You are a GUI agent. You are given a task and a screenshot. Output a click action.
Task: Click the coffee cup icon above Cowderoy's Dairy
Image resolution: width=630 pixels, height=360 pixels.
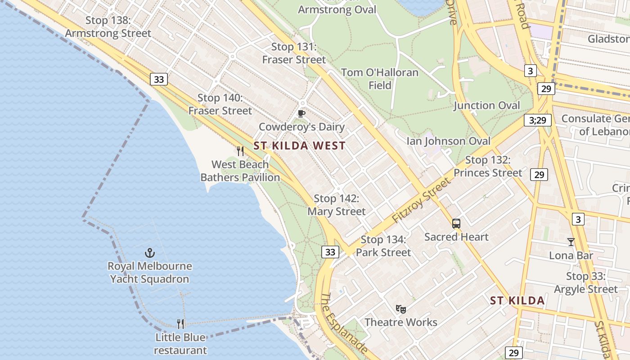click(301, 113)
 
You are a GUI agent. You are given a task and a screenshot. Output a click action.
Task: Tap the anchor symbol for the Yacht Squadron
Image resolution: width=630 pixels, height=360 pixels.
click(150, 253)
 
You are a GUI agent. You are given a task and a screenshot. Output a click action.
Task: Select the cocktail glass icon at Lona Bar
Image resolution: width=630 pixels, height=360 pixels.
click(571, 242)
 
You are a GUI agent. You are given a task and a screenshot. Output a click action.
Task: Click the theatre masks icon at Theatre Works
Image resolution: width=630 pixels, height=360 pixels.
click(401, 309)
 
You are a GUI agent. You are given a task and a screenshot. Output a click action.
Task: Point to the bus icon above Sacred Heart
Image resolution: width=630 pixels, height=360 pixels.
click(456, 223)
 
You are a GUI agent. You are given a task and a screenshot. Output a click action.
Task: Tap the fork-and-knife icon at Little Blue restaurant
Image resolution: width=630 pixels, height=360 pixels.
click(180, 324)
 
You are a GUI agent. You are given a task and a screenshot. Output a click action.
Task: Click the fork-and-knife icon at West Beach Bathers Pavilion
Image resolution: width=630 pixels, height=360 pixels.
click(240, 151)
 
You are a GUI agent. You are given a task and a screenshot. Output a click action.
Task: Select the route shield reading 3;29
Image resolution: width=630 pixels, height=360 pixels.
click(538, 120)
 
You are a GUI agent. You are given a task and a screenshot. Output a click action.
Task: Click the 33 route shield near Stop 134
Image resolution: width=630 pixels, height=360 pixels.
click(330, 252)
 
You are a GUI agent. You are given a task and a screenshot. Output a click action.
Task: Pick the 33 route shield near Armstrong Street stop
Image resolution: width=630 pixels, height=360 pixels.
click(159, 80)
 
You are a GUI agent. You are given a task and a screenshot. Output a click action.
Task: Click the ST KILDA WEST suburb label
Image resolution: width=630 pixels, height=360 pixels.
click(299, 146)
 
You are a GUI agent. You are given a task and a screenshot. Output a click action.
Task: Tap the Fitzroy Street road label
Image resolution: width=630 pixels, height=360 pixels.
click(421, 200)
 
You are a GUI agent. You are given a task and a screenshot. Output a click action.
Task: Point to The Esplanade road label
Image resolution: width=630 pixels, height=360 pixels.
click(344, 322)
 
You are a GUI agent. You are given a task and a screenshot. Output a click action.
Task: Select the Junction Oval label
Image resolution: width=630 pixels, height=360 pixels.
click(486, 106)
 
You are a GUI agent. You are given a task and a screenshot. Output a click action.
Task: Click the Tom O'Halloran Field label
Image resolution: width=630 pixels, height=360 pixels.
click(380, 79)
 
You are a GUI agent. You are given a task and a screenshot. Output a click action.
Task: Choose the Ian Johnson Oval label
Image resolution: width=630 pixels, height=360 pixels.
click(448, 141)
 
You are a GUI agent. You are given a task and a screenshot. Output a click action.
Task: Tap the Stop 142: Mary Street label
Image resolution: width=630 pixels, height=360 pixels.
click(337, 205)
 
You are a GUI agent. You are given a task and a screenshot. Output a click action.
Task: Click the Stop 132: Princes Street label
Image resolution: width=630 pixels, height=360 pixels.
click(488, 166)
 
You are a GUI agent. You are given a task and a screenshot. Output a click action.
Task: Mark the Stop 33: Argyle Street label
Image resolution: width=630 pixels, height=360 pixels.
click(586, 283)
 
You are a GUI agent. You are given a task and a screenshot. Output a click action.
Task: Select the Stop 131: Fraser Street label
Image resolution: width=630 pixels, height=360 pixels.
click(294, 53)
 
